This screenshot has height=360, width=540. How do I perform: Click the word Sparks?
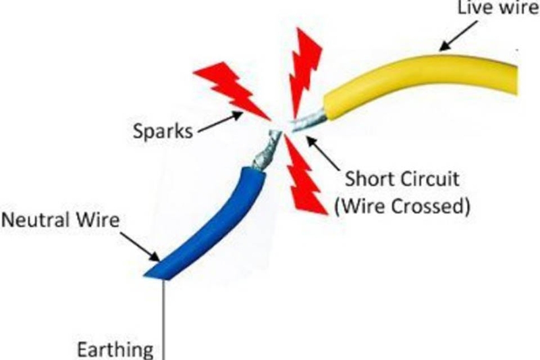(x=163, y=132)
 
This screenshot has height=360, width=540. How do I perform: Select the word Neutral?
(x=36, y=220)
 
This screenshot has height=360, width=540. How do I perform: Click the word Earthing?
(x=115, y=351)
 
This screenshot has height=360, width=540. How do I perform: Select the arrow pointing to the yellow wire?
(x=459, y=36)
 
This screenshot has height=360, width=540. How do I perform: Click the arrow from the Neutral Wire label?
(x=140, y=247)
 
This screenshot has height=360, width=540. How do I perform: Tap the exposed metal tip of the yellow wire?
(x=309, y=121)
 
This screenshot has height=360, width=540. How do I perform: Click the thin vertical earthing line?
(x=164, y=319)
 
